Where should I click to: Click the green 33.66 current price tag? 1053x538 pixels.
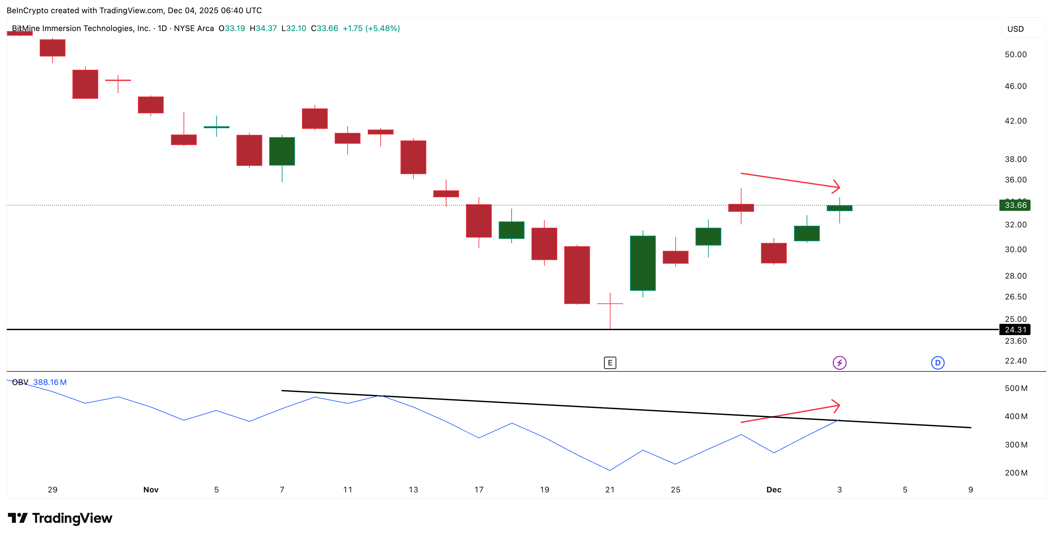point(1015,205)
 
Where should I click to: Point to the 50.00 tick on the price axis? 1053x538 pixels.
point(1015,54)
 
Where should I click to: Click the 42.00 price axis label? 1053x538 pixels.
point(1015,121)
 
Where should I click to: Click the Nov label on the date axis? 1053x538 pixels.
point(151,489)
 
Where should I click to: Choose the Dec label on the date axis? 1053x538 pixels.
point(774,489)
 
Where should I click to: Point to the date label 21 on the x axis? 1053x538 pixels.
point(610,489)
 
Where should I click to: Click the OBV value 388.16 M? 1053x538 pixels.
point(50,382)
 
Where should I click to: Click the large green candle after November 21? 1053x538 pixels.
point(643,263)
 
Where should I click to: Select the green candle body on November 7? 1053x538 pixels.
point(282,151)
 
